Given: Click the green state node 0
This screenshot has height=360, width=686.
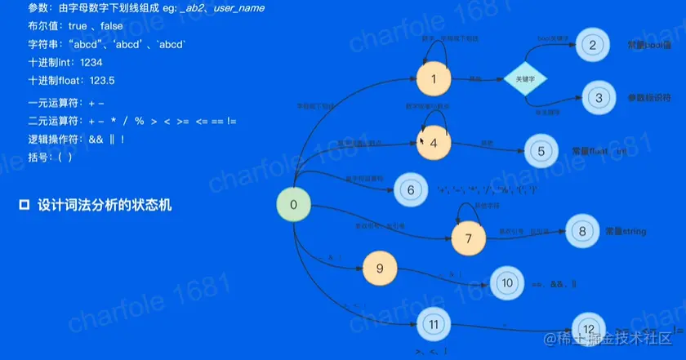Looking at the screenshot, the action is pos(294,205).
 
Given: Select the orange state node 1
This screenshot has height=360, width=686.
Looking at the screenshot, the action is pos(434,80).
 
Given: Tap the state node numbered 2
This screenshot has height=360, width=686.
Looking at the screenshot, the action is pos(593,46).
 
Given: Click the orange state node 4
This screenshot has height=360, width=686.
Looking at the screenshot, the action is pos(434,143).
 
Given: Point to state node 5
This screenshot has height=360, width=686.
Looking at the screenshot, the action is pos(540,152).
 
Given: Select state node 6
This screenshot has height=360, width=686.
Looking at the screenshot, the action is pos(411,190).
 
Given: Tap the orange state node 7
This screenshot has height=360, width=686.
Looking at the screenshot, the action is pos(469,238).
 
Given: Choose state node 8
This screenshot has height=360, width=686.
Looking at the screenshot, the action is pos(582,231).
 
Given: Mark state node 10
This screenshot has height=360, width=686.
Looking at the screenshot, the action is pos(507,284).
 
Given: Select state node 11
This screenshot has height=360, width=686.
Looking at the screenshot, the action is pos(433,324).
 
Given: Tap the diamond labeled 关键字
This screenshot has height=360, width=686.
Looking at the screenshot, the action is pos(525,79).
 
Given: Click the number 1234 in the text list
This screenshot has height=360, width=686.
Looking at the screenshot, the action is pos(92,63).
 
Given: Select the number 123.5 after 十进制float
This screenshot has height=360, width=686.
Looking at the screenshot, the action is pos(101,81).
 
